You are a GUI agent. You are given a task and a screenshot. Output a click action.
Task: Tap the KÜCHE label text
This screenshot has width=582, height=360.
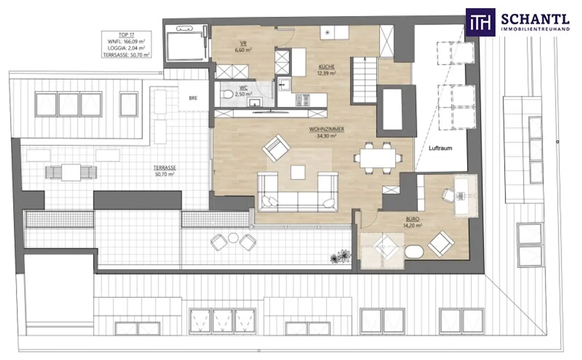326,67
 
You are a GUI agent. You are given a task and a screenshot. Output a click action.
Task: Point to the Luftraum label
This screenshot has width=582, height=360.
440,148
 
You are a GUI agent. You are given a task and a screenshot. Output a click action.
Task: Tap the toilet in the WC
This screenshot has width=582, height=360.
227,95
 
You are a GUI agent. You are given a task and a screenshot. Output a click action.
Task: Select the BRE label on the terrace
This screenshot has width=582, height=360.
193,98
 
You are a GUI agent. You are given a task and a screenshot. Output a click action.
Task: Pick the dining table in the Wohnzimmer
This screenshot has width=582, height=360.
377,158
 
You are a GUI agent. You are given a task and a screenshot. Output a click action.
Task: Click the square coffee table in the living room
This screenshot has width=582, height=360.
298,172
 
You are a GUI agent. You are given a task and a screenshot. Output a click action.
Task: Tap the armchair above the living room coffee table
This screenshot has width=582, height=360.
276,148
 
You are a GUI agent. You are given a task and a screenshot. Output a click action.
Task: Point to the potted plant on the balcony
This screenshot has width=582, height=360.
339,257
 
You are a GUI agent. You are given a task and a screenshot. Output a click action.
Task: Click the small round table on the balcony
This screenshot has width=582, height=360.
233,238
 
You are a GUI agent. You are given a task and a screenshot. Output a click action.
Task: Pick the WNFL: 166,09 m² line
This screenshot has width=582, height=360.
126,42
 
